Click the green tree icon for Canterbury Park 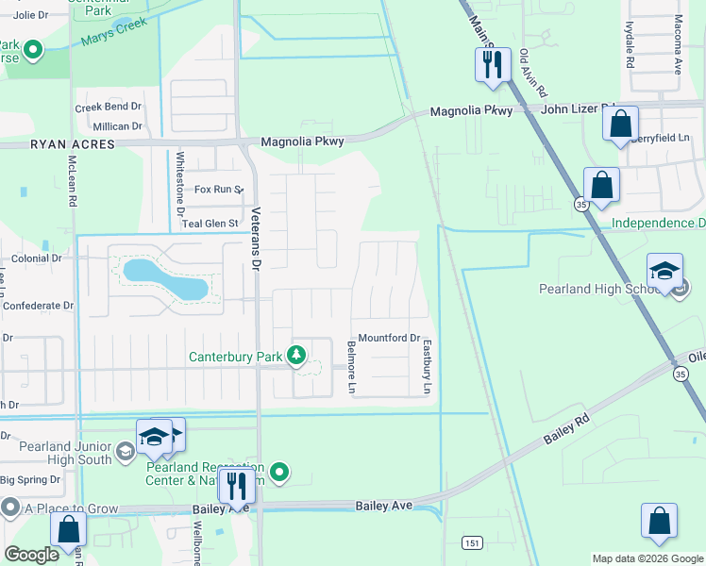coord(297,356)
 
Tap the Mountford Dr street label coord(388,338)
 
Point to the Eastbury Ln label coord(426,367)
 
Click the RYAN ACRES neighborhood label coord(72,144)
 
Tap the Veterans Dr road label coord(255,240)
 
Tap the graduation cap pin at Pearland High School coord(664,271)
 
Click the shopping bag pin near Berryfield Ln coord(620,124)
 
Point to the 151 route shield coord(472,542)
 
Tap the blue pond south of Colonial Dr coord(165,280)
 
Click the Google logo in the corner coord(32,554)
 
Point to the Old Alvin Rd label coord(533,75)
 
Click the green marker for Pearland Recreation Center coord(278,471)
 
